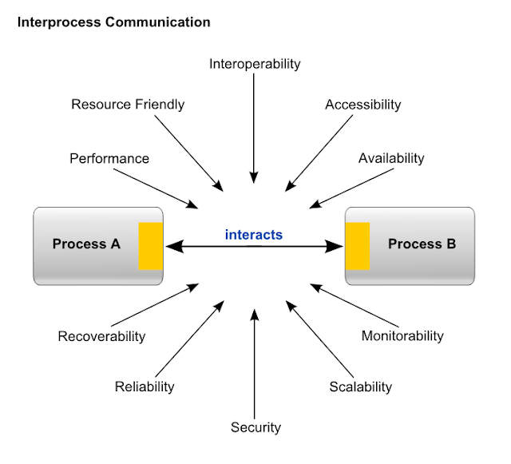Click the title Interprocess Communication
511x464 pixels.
[113, 22]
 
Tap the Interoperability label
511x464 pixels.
[255, 64]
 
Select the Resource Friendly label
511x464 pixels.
[128, 105]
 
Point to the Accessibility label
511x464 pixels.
[363, 105]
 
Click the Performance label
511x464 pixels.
[109, 158]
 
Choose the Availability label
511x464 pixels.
[391, 158]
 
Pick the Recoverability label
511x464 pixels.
[101, 336]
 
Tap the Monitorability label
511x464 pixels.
[402, 336]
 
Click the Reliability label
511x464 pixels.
[145, 387]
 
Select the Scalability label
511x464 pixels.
[360, 387]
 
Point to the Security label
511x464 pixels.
[255, 427]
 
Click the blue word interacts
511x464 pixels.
[254, 235]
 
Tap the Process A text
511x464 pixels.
[86, 244]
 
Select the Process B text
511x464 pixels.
[422, 244]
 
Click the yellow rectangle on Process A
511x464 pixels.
[151, 246]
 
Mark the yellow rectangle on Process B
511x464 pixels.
[358, 246]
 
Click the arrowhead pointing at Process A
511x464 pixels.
[174, 247]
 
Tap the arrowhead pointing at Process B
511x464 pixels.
[335, 247]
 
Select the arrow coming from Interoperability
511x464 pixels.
[254, 129]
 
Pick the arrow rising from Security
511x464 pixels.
[255, 364]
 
